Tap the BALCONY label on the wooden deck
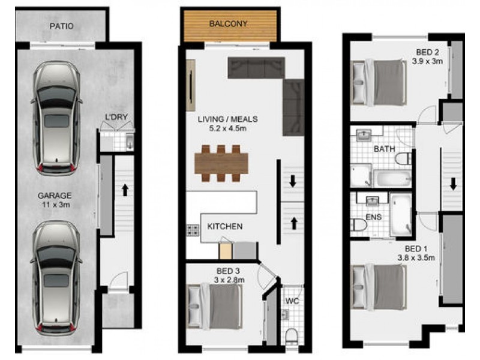click(228, 24)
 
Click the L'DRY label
click(116, 116)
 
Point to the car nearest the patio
click(57, 118)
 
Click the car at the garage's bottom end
click(57, 277)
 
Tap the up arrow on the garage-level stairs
click(125, 191)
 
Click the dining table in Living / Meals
click(221, 163)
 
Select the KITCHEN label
click(224, 226)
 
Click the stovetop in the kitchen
click(193, 229)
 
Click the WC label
click(292, 300)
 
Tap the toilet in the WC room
click(291, 334)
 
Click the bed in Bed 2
click(380, 82)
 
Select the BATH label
click(383, 148)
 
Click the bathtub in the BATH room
click(393, 178)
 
